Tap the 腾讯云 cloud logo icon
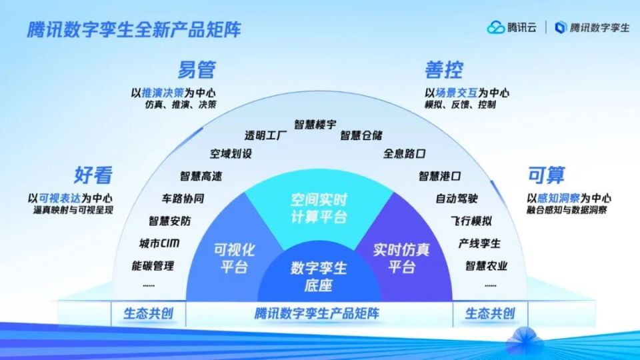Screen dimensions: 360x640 (496, 27)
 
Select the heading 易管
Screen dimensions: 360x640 (196, 69)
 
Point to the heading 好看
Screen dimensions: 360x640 (93, 175)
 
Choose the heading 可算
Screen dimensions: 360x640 (546, 175)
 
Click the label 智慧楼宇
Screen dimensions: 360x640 (317, 125)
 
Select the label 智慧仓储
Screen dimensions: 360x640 (361, 136)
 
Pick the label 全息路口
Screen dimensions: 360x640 (404, 154)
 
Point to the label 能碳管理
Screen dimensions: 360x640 (153, 266)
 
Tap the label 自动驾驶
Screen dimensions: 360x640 (457, 199)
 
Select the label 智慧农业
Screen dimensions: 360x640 (486, 266)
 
